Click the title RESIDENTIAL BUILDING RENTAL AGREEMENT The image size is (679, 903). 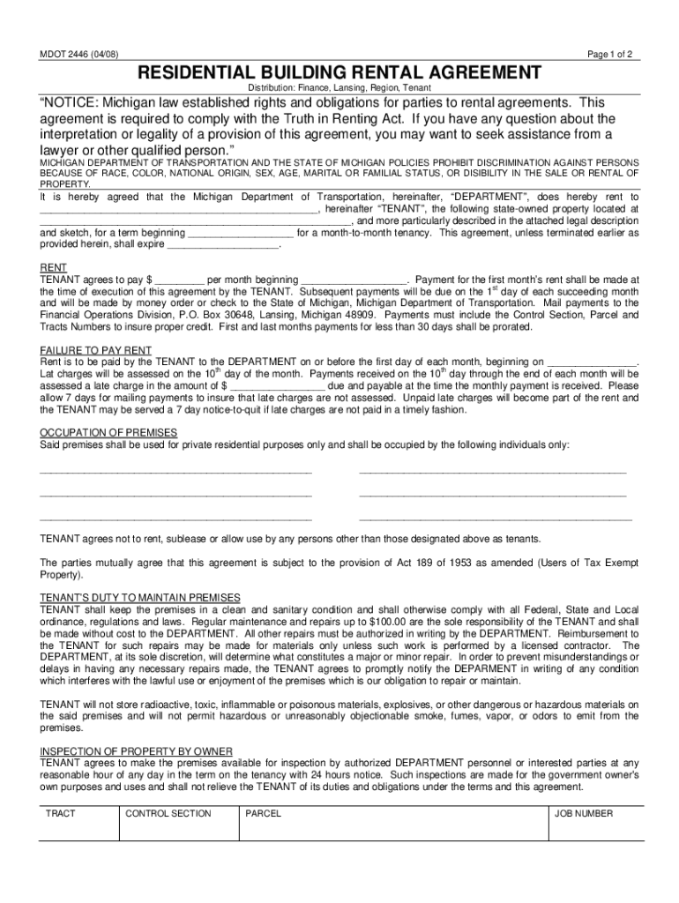point(339,72)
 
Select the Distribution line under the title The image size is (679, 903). point(339,89)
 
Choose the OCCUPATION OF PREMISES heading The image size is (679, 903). point(108,432)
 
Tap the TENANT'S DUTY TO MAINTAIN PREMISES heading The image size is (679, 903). point(140,598)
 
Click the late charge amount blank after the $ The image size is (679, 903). point(278,385)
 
